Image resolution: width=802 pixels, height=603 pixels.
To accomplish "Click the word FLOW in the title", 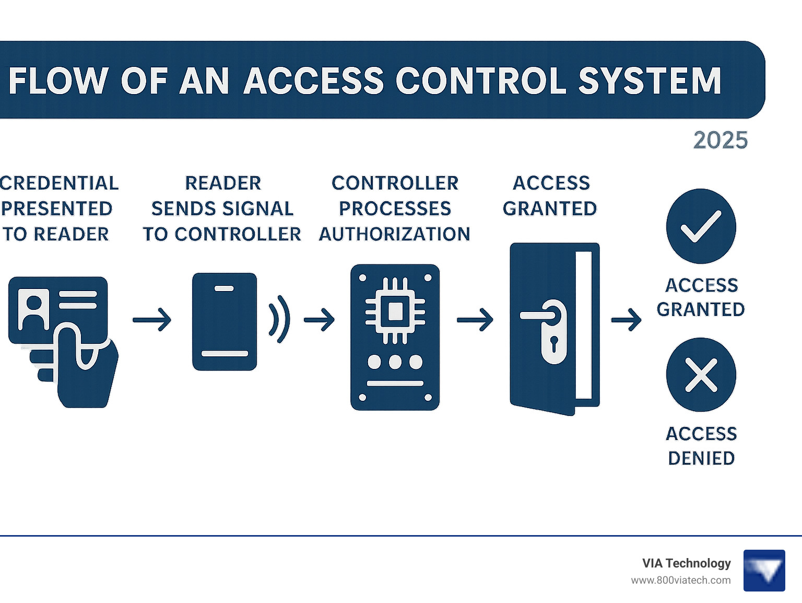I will pos(58,81).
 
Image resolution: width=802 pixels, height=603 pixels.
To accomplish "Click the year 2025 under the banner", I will pos(720,140).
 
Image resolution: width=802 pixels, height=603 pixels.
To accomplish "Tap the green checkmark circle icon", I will pos(701,226).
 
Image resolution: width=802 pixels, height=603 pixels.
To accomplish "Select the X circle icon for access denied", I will pos(701,375).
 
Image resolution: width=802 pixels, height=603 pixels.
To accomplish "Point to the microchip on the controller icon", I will pos(395,312).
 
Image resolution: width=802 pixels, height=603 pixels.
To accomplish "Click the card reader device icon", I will pos(225,321).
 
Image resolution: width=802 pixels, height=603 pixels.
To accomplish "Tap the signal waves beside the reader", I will pos(279,319).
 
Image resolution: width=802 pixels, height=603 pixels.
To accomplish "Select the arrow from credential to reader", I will pos(152,320).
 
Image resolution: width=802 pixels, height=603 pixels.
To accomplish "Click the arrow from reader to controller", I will pos(319,320).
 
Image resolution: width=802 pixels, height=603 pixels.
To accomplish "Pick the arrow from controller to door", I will pos(475,320).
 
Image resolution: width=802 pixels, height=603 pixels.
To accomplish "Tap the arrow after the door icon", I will pos(626,320).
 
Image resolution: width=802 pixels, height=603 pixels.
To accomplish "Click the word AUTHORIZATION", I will pos(394,234).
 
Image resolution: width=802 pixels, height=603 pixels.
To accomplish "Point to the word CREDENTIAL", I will pos(59,183).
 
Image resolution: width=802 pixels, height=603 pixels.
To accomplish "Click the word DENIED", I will pos(701,458).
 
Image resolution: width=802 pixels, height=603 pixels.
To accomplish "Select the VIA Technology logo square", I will pos(764,570).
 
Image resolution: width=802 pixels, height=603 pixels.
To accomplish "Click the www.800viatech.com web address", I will pos(680,580).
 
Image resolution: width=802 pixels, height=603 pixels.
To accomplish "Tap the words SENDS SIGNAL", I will pos(222,208).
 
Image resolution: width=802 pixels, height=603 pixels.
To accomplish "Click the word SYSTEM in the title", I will pos(650,81).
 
